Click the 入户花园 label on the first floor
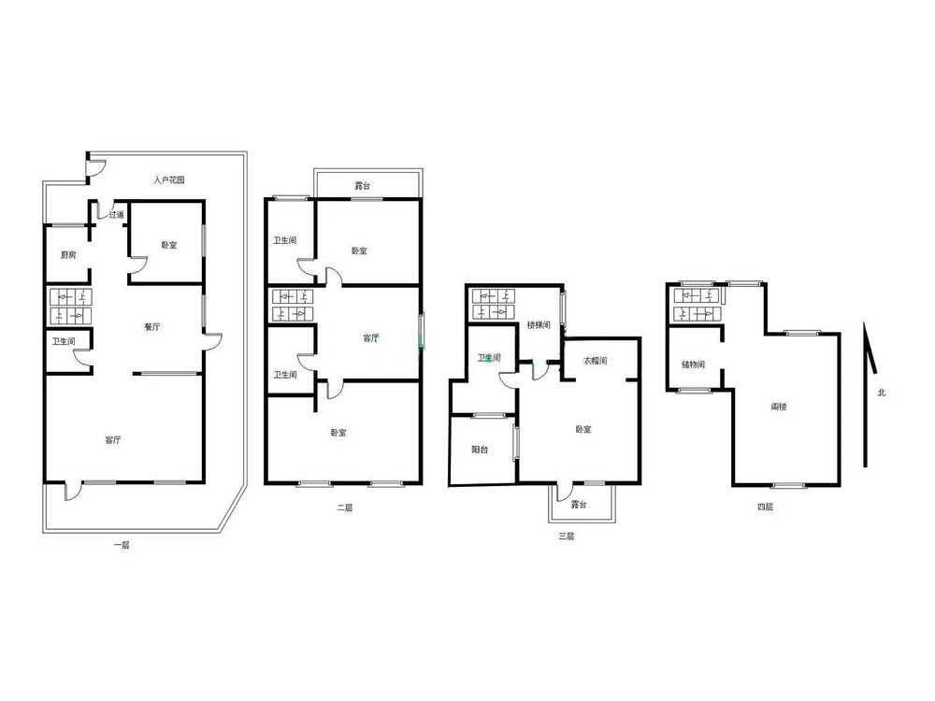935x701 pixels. coord(168,179)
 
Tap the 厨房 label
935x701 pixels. coord(68,255)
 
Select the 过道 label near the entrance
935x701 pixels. coord(116,215)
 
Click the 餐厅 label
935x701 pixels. coord(152,326)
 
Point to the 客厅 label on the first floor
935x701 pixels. coord(113,440)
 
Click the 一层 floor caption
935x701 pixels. coord(122,545)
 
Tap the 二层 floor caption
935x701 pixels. coord(345,508)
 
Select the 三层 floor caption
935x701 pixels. coord(566,536)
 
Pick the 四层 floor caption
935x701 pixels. coord(765,508)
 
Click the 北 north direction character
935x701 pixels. coord(882,393)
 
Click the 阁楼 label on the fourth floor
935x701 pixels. coord(779,408)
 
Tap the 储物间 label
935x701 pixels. coord(694,365)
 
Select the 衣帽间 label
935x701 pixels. coord(595,361)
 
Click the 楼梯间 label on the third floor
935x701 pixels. coord(539,325)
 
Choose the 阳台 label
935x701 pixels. coord(480,450)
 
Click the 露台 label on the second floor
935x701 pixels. coord(363,186)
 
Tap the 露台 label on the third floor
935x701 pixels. coord(579,505)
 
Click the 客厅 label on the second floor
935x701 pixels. coord(371,338)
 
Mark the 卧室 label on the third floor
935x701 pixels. coord(583,429)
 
